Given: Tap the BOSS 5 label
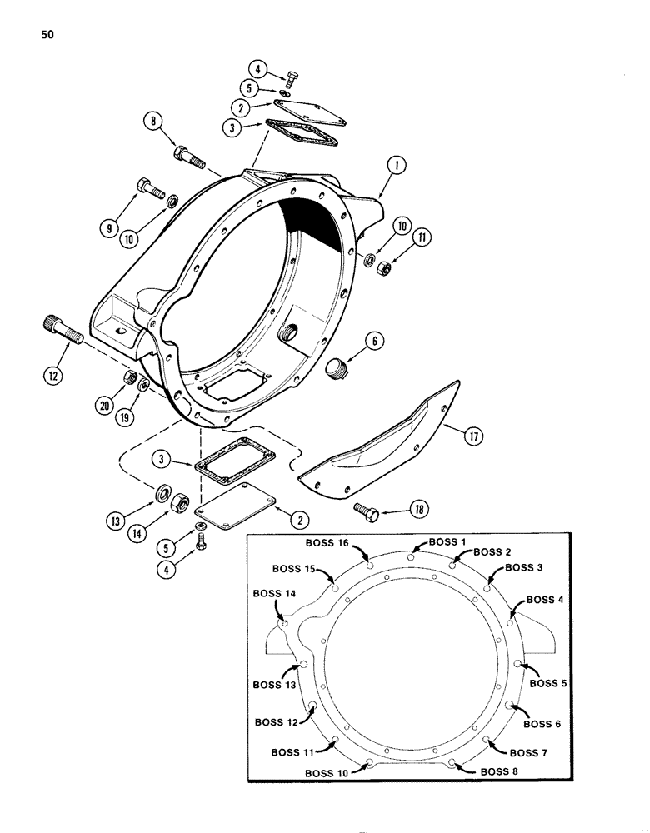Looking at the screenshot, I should pyautogui.click(x=547, y=683).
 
